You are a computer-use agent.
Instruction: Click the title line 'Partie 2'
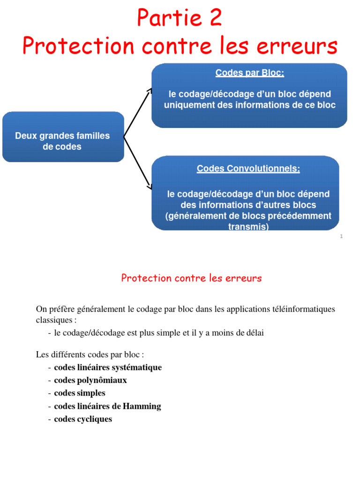coord(180,18)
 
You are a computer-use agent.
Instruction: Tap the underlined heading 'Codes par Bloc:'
coord(249,73)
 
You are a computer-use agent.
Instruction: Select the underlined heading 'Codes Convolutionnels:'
coord(248,169)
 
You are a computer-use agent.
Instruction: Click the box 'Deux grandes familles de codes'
coord(63,141)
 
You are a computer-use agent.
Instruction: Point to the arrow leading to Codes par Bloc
coord(137,112)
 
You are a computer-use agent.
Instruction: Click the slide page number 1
coord(341,237)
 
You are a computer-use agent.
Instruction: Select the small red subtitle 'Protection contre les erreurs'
coord(191,278)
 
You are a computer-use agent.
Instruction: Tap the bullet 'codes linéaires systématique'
coord(108,367)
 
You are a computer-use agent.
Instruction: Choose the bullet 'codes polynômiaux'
coord(90,380)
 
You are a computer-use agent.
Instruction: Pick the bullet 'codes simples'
coord(80,393)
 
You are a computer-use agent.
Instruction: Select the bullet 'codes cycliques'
coord(83,419)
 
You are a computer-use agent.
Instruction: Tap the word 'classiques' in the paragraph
coord(53,320)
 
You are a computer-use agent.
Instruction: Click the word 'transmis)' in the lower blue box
coord(248,226)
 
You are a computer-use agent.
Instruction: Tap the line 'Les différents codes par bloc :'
coord(90,354)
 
